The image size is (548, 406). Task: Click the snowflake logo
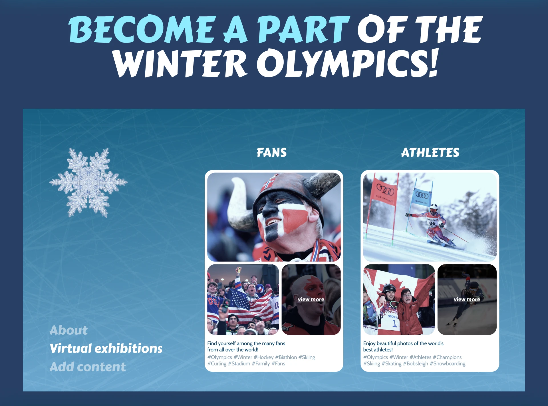[88, 182]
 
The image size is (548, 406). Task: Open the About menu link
[68, 330]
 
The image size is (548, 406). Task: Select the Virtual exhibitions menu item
[106, 348]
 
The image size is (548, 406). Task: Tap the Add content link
[88, 367]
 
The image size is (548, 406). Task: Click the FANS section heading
[271, 152]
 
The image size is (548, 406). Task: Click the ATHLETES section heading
[430, 152]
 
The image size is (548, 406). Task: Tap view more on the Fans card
[311, 299]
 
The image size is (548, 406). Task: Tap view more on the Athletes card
[467, 299]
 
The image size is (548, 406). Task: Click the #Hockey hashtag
[263, 357]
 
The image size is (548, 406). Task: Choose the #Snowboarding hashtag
[447, 363]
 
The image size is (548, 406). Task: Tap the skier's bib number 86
[432, 223]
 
